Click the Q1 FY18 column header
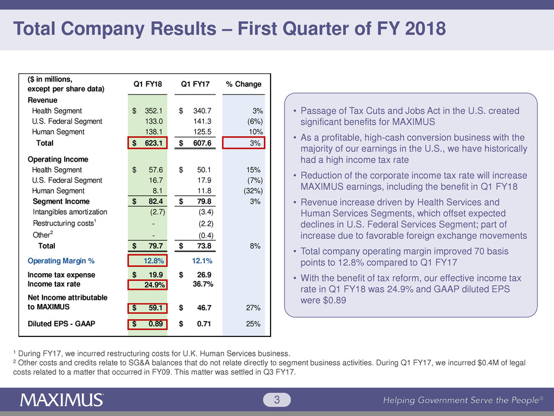coord(148,84)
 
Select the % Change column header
coord(243,84)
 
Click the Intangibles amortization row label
coord(70,212)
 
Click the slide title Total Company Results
coord(230,28)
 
